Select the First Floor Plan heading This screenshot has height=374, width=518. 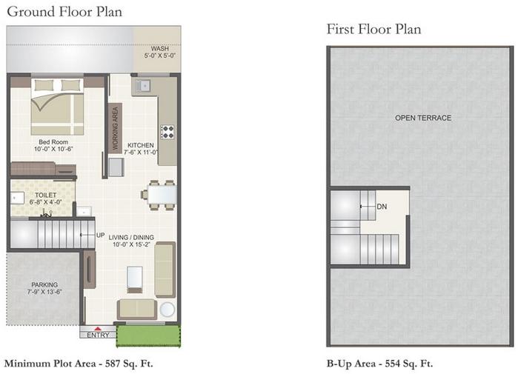click(x=373, y=30)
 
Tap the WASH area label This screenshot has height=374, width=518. click(x=159, y=52)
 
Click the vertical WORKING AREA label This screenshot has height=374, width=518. click(x=115, y=127)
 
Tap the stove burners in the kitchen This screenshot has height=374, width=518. click(x=167, y=133)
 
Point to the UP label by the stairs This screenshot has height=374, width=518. click(x=100, y=236)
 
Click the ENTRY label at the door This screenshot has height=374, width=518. click(x=98, y=335)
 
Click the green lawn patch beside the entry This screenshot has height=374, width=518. click(x=148, y=335)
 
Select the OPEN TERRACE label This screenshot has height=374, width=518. click(x=422, y=118)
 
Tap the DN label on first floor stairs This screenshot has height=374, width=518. click(x=382, y=207)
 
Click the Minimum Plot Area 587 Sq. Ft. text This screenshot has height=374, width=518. click(x=79, y=363)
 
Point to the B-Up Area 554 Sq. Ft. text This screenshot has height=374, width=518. click(x=379, y=363)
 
